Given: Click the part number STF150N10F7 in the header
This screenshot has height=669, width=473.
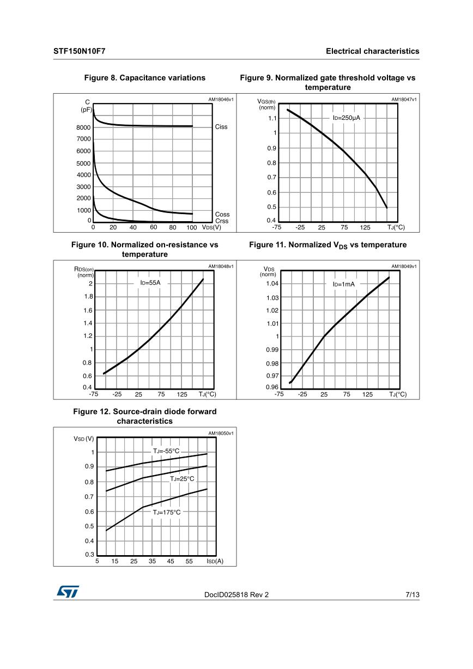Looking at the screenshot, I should point(80,51).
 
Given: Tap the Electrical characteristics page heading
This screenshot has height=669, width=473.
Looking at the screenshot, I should point(372,51).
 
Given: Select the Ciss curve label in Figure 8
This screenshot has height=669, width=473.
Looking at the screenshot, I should point(221,127).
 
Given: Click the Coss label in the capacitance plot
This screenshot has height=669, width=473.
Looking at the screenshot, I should point(222,215).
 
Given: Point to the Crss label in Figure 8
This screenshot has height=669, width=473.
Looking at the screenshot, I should point(222,221).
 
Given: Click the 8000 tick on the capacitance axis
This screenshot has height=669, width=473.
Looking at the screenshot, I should point(84,127).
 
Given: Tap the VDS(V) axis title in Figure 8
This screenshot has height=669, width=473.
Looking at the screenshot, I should point(211,227).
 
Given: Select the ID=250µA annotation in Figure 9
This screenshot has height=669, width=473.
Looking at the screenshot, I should point(347,118).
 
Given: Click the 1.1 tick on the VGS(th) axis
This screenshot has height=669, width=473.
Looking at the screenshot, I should point(272,118).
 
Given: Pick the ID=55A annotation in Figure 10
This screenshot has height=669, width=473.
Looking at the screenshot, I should point(150,283).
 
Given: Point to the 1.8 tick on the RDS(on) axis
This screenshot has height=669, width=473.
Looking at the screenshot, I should point(87,297).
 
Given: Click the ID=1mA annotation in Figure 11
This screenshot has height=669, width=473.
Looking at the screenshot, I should point(344,284).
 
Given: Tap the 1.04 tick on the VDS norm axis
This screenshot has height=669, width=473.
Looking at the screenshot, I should point(272,283).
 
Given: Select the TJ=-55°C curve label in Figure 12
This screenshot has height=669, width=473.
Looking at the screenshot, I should point(166,451).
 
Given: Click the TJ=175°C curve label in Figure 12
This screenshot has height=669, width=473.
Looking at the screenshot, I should point(166,512).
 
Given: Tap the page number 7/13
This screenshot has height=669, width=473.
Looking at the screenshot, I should point(413,595).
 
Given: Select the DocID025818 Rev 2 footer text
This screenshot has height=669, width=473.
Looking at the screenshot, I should point(237,595).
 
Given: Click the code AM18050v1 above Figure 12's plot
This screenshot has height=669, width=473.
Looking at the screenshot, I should point(221,434).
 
